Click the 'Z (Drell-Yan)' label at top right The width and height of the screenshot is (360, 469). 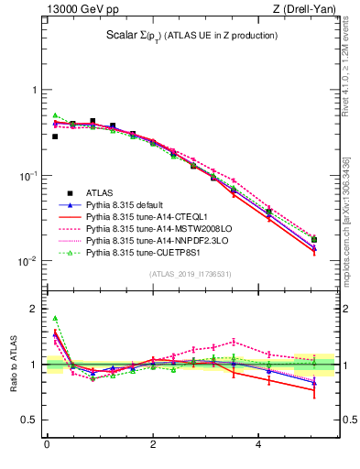[x=310, y=10]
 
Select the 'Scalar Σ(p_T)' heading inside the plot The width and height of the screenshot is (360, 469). [x=192, y=36]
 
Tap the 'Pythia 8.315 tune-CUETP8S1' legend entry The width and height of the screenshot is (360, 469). [x=145, y=252]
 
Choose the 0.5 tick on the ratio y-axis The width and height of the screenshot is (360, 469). [x=30, y=420]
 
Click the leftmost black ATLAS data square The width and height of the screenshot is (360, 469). [x=55, y=136]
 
